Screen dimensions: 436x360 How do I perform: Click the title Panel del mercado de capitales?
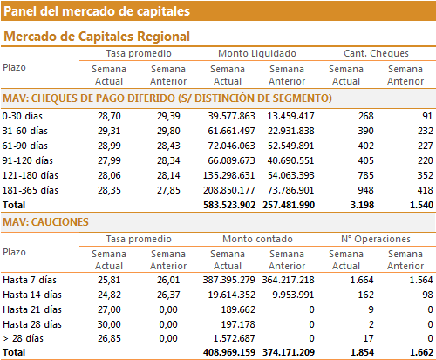click(97, 11)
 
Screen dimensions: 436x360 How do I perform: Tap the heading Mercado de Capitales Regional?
click(97, 37)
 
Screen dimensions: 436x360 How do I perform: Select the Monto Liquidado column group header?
click(257, 53)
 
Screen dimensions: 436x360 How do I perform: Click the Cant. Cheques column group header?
click(376, 53)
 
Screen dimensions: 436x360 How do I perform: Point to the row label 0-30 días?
click(23, 116)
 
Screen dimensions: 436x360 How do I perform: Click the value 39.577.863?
click(231, 116)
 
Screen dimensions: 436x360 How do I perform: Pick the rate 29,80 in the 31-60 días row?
click(168, 131)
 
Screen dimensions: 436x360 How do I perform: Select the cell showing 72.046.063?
click(231, 146)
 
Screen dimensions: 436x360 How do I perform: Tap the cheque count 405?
click(366, 160)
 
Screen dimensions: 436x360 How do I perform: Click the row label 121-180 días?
click(31, 175)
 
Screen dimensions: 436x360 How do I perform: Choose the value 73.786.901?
click(290, 190)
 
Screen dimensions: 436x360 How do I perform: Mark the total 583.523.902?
click(229, 205)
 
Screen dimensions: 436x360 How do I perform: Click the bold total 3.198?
click(362, 205)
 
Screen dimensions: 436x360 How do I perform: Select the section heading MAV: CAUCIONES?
click(45, 222)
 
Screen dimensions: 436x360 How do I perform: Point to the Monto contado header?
click(257, 239)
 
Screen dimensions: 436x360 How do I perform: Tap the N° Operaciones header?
click(376, 239)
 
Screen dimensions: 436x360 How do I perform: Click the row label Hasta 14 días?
click(32, 295)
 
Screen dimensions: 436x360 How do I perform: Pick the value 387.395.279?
click(229, 280)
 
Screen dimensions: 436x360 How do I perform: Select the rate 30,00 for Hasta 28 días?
click(109, 324)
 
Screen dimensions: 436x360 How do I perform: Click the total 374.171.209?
click(289, 352)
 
